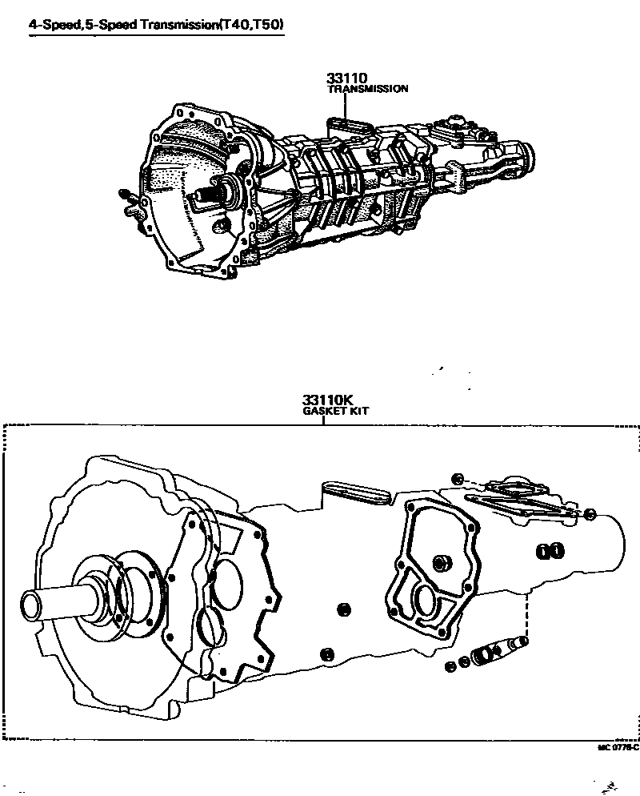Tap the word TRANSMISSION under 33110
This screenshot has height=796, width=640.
pyautogui.click(x=368, y=89)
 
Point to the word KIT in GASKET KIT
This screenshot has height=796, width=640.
pyautogui.click(x=358, y=411)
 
